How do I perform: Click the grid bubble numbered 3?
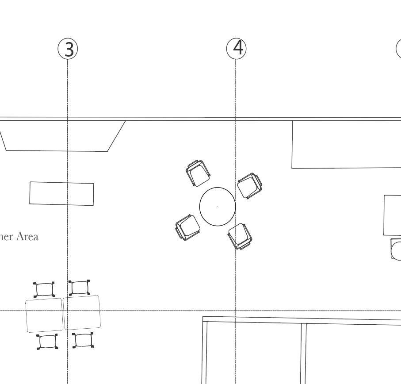(68, 49)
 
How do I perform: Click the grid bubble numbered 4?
(237, 48)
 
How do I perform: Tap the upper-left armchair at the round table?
(198, 173)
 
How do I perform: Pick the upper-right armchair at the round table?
(249, 185)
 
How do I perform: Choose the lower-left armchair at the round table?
(188, 227)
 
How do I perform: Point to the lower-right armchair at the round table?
(240, 236)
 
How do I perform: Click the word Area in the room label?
(27, 237)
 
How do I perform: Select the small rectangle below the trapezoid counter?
(61, 194)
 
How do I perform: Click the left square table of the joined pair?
(44, 315)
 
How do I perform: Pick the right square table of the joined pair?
(82, 312)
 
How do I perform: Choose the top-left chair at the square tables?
(44, 290)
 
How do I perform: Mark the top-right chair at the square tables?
(80, 288)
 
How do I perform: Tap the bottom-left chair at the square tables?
(47, 342)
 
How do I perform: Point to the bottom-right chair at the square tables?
(83, 340)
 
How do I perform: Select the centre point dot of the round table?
(218, 207)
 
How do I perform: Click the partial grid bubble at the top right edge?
(399, 49)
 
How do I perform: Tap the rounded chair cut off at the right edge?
(396, 249)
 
